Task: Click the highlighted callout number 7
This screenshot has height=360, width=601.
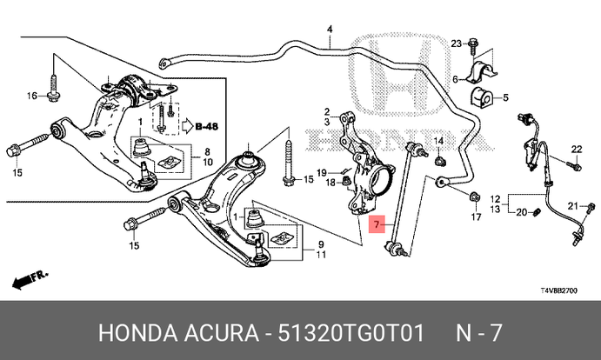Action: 376,226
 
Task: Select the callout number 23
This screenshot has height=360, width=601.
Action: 457,43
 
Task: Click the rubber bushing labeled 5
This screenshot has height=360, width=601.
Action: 481,96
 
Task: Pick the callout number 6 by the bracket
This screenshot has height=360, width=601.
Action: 454,79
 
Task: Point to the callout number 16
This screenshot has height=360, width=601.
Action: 30,95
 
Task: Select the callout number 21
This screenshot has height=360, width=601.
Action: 573,205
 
